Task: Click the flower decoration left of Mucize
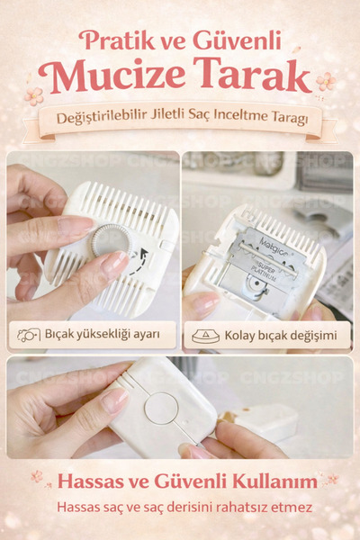click(34, 94)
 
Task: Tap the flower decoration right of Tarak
click(325, 82)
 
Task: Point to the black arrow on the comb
click(139, 262)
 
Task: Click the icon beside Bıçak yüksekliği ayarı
click(27, 336)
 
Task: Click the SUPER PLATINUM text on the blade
click(262, 266)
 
